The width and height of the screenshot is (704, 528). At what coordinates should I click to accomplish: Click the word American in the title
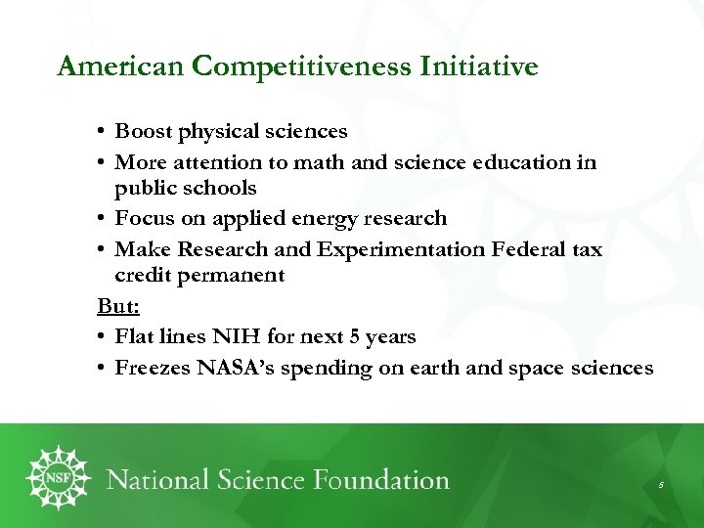pos(121,66)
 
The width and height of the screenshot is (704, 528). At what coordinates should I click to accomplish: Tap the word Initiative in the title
pos(479,66)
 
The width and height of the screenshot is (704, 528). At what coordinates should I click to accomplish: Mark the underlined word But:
pos(118,306)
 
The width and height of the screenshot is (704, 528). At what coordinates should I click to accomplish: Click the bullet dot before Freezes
pos(102,369)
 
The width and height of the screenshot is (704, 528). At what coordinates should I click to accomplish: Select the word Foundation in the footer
pos(379,480)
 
